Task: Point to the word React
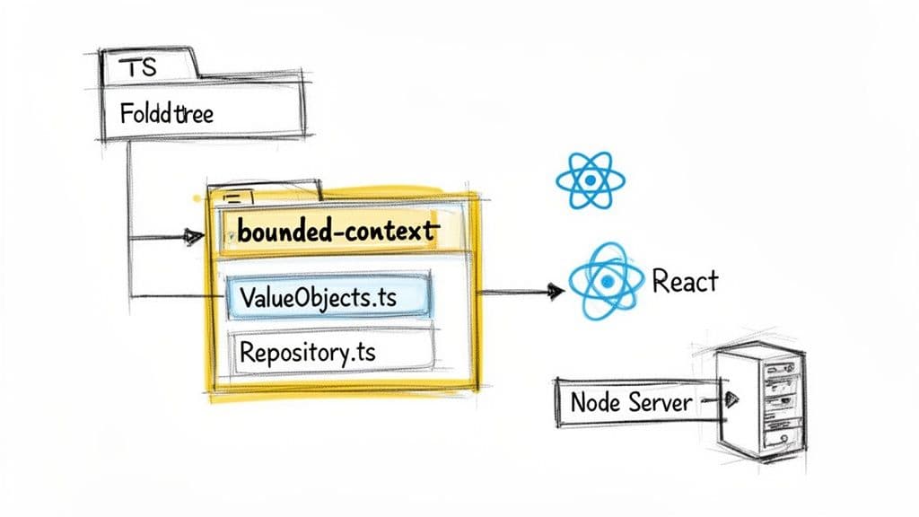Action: (x=685, y=281)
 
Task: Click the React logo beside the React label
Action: (x=607, y=282)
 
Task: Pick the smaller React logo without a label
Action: (x=589, y=180)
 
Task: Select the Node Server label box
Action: (x=631, y=401)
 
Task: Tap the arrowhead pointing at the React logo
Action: (x=554, y=291)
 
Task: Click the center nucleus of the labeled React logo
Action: (x=607, y=282)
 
